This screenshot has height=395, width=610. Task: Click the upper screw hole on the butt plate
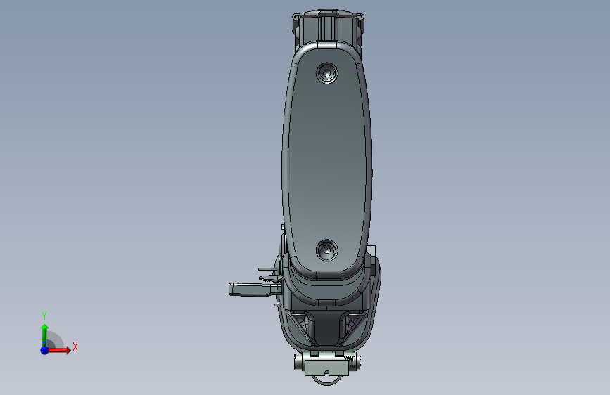coord(326,72)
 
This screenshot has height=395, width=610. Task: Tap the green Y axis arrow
coord(44,330)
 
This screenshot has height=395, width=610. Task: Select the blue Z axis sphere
coord(44,349)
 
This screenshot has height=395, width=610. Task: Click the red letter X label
coord(75,347)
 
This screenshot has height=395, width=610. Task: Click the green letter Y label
coord(44,316)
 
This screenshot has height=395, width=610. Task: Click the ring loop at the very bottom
coord(327,380)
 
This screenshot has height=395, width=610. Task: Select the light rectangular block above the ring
coord(326,363)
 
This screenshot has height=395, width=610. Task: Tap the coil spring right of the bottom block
coord(354,362)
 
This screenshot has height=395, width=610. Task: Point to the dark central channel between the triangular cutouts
coord(327,327)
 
